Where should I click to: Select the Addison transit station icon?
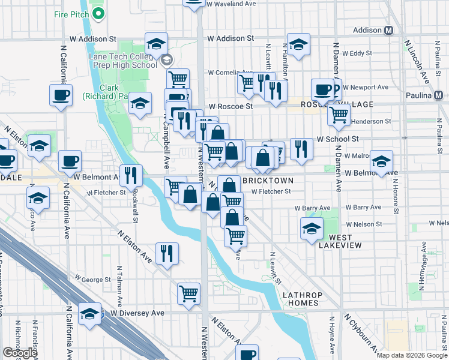pyautogui.click(x=388, y=30)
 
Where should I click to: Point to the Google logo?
pyautogui.click(x=20, y=353)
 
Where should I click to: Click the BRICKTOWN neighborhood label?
pyautogui.click(x=268, y=181)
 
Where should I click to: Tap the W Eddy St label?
pyautogui.click(x=361, y=53)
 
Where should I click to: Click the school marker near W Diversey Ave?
pyautogui.click(x=90, y=314)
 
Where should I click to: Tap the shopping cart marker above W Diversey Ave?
pyautogui.click(x=189, y=294)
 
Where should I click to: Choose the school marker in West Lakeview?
pyautogui.click(x=312, y=228)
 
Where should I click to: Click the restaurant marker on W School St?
pyautogui.click(x=301, y=149)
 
